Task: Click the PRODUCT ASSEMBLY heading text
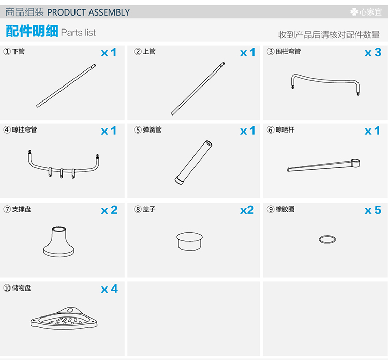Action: [x=88, y=12]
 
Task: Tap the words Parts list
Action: [x=78, y=33]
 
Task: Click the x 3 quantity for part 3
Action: [x=373, y=52]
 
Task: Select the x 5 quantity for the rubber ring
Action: [x=373, y=210]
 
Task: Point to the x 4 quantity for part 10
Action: [x=109, y=289]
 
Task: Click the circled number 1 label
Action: [x=7, y=51]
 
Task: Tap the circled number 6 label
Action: [x=271, y=130]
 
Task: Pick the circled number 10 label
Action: [x=7, y=288]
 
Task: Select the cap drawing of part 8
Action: [x=189, y=241]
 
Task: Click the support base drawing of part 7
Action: [x=58, y=241]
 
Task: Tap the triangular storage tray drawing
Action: [x=64, y=319]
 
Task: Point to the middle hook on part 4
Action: [x=62, y=173]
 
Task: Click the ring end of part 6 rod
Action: [x=355, y=163]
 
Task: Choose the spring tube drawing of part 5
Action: [x=193, y=163]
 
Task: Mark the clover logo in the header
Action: [x=354, y=11]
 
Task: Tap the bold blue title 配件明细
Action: [x=32, y=31]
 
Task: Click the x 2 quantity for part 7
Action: [x=109, y=210]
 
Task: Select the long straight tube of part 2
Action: [x=198, y=89]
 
